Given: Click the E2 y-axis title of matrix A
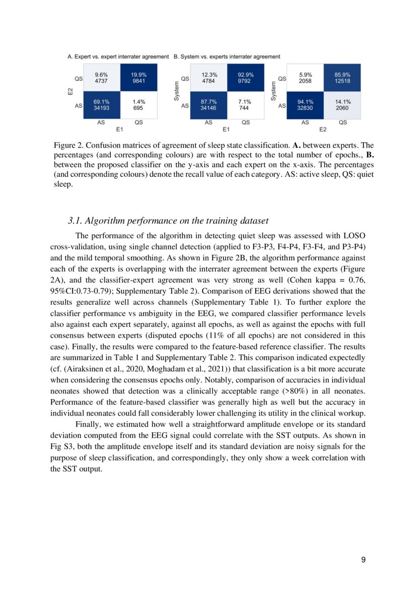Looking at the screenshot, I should tap(71, 91).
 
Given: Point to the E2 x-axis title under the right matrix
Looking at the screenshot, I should tap(323, 129).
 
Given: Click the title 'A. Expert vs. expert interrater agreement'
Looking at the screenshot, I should tap(118, 57).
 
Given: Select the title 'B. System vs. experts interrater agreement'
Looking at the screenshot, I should tap(227, 57).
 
